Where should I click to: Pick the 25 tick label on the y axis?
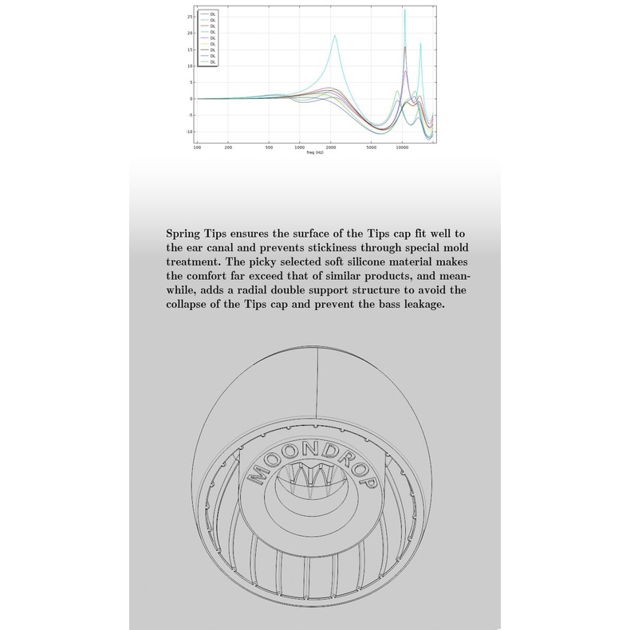pos(191,16)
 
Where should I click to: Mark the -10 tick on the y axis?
pos(189,132)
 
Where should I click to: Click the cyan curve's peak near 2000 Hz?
pos(335,35)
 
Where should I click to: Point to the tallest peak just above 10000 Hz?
pos(405,11)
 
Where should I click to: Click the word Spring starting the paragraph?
pos(185,234)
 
